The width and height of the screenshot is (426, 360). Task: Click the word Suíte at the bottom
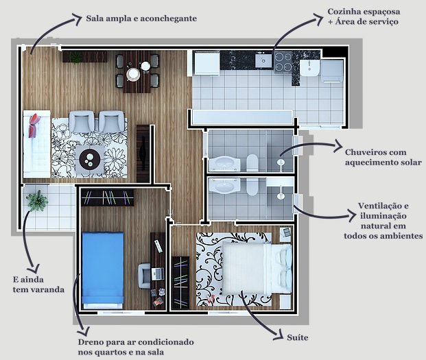298,337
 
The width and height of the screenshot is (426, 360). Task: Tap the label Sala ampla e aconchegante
141,19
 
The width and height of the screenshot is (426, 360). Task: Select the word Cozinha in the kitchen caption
342,12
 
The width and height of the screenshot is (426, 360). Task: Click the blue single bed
103,270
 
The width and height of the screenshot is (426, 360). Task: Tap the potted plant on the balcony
37,201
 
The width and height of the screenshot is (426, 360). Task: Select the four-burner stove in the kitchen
283,62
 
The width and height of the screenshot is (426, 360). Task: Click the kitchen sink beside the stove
263,60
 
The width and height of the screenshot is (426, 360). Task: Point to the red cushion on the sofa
34,125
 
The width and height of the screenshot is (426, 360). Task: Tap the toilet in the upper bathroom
252,163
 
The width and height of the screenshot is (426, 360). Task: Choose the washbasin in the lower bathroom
224,186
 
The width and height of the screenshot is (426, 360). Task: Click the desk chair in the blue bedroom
144,276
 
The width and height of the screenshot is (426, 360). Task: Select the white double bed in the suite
257,268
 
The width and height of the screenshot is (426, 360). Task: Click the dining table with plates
137,71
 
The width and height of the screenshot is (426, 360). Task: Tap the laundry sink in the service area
309,68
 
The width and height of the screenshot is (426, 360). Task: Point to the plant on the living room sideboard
75,58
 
